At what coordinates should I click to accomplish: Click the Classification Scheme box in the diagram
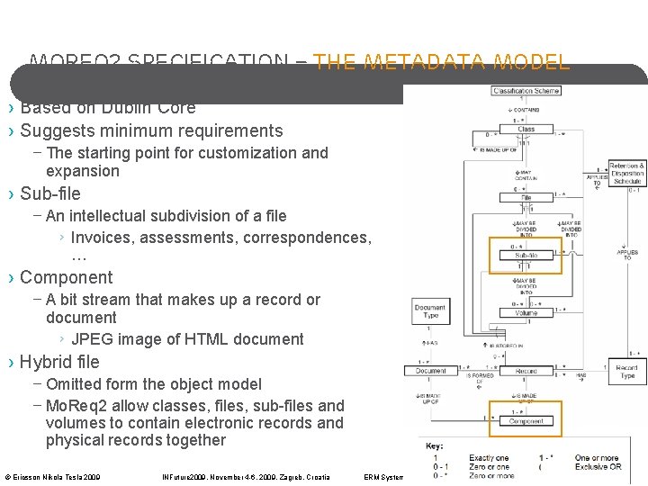[526, 90]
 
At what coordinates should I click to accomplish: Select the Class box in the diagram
[526, 129]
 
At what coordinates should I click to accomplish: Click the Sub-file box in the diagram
[526, 256]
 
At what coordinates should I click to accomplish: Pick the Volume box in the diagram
[526, 313]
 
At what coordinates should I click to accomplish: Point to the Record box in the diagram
[526, 371]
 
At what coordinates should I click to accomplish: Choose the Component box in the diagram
[526, 420]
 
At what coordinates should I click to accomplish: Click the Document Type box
[430, 312]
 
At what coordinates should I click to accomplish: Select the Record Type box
[626, 371]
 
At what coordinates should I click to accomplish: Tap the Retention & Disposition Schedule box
[626, 174]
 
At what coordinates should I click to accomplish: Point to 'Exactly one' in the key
[489, 458]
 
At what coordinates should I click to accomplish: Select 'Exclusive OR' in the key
[597, 467]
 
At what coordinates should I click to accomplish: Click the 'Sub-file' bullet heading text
[50, 193]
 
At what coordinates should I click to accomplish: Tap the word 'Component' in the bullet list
[67, 277]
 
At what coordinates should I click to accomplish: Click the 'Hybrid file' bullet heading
[59, 362]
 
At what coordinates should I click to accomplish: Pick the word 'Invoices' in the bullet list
[103, 238]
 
